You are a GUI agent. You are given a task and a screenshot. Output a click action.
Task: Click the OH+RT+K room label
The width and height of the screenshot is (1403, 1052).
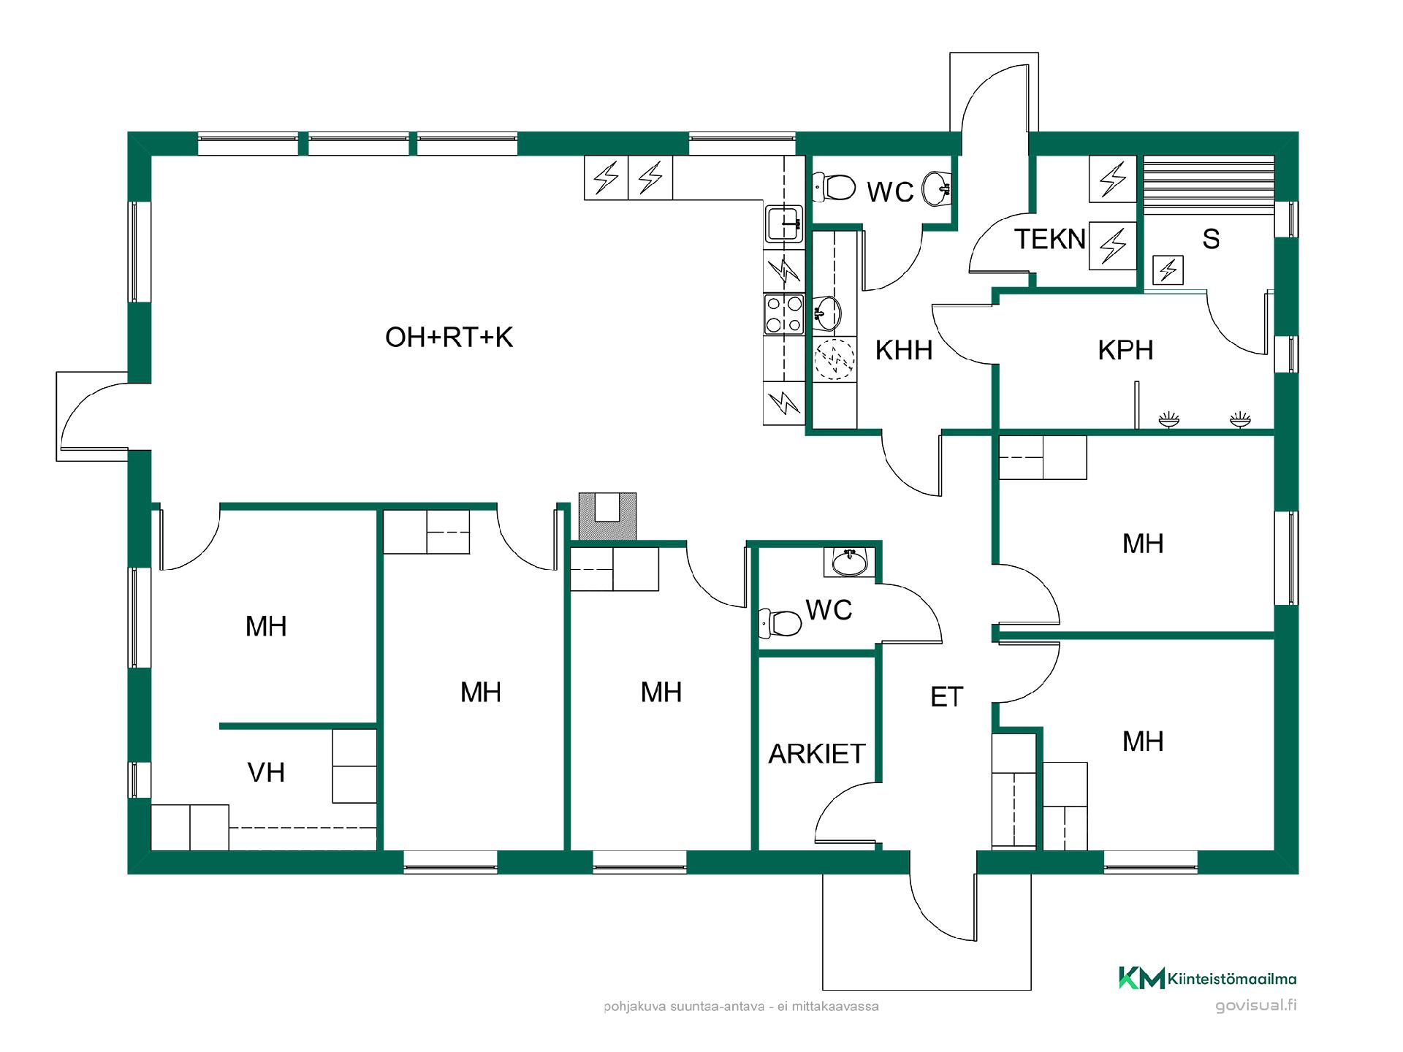(x=449, y=338)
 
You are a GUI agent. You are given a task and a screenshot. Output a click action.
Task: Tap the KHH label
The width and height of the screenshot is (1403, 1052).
(x=904, y=351)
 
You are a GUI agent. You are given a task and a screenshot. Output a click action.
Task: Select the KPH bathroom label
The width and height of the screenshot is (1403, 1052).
(x=1125, y=351)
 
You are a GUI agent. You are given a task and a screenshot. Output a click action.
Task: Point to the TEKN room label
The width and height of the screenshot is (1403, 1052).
(x=1050, y=240)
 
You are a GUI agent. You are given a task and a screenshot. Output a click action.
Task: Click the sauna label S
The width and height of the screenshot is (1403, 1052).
(x=1211, y=239)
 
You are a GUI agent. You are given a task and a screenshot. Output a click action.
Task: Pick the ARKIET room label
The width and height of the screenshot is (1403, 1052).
(x=816, y=754)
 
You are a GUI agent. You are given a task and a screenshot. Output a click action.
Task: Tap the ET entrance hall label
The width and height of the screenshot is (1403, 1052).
(x=947, y=698)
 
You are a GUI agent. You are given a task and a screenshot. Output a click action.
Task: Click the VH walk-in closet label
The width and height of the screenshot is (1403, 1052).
(x=266, y=773)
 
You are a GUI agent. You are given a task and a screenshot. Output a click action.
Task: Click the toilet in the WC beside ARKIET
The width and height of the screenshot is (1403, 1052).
(x=780, y=623)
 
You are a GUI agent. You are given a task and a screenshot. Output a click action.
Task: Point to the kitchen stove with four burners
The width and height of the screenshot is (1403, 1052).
(x=783, y=314)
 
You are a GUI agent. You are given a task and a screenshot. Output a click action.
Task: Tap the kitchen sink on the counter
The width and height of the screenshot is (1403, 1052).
(x=784, y=224)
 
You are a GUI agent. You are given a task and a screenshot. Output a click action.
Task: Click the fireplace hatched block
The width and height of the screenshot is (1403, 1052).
(x=607, y=517)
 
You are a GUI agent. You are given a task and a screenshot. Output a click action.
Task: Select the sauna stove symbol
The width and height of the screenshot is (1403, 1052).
(x=1168, y=270)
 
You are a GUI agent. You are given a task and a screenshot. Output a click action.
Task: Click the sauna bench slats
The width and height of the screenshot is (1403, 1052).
(x=1209, y=185)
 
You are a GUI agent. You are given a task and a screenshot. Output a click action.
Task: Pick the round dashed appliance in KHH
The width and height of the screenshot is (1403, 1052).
(x=834, y=359)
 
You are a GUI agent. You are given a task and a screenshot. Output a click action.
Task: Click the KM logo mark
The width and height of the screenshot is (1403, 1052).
(x=1141, y=978)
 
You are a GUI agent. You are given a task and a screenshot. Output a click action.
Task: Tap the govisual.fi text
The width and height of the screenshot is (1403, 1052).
(x=1255, y=1006)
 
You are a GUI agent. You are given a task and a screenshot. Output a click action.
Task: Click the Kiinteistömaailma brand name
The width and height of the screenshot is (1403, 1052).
(x=1232, y=979)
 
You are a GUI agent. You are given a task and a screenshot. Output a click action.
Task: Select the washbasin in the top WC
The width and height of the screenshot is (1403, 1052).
(x=937, y=188)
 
